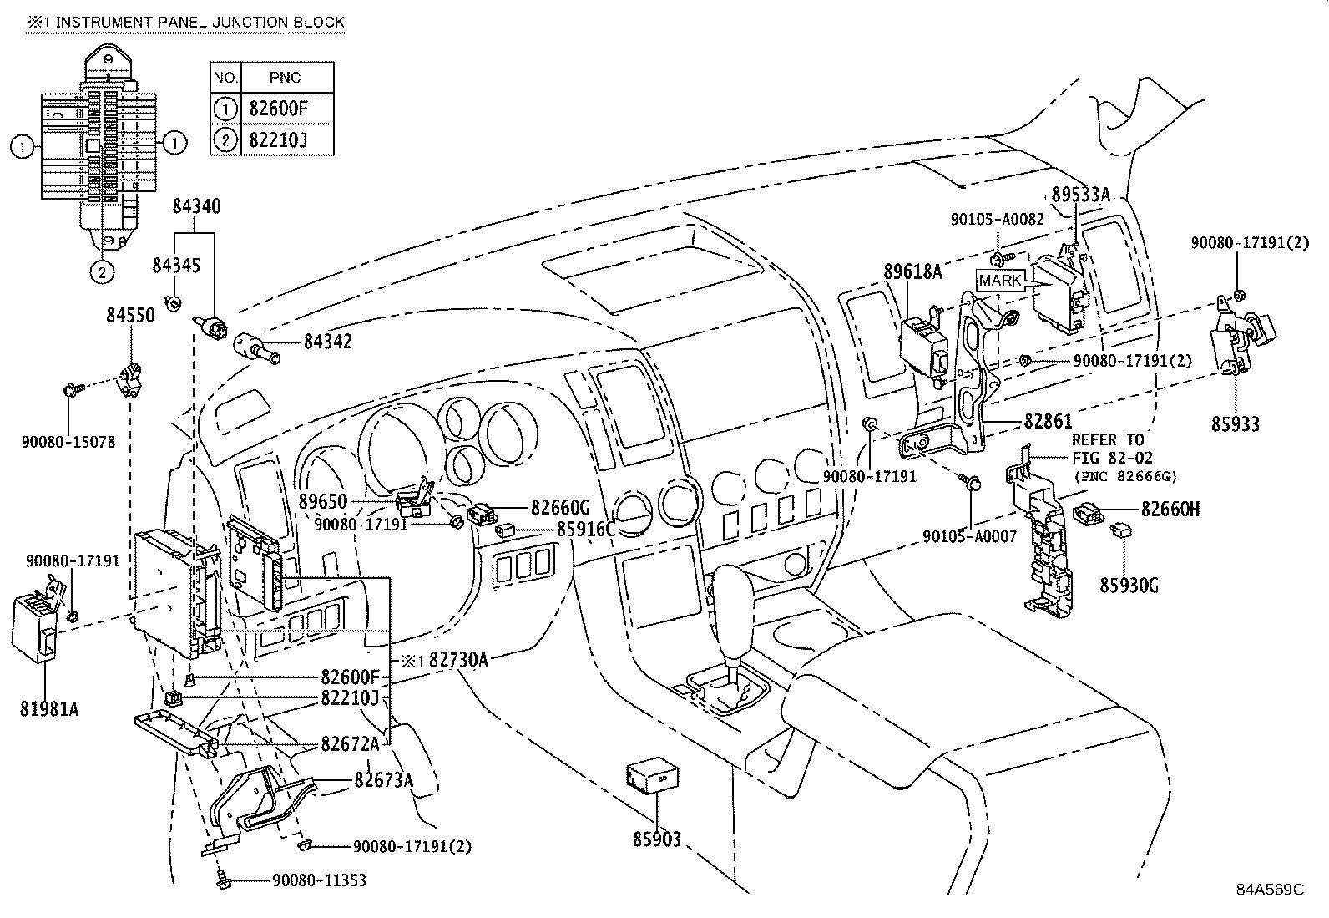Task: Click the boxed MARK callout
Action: [x=1000, y=281]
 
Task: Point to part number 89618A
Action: [x=912, y=271]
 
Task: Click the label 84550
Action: [x=130, y=316]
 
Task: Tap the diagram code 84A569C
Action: [x=1270, y=889]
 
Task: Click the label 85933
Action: [x=1236, y=423]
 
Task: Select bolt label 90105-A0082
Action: [x=997, y=219]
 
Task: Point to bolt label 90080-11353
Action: [x=319, y=880]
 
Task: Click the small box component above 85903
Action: [x=651, y=776]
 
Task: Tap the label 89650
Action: [x=322, y=502]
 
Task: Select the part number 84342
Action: [x=327, y=341]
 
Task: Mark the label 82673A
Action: [x=384, y=779]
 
